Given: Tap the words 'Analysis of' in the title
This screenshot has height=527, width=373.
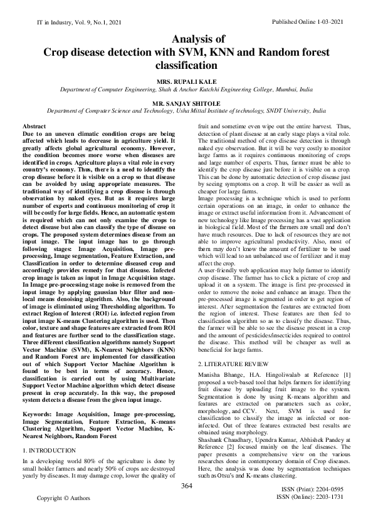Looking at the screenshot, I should pos(187,39).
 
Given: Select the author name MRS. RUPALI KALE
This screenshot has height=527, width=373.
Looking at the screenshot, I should pos(187,81).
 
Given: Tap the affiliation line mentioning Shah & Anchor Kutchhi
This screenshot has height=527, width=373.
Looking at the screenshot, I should pos(187,90).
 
